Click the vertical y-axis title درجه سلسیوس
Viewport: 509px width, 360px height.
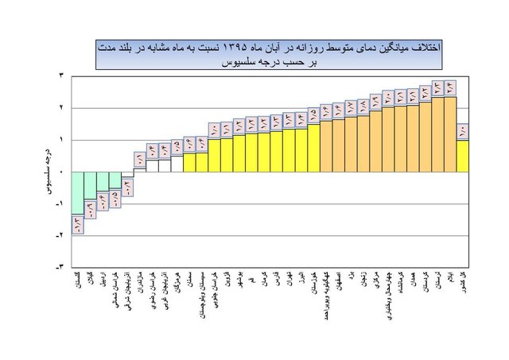46,171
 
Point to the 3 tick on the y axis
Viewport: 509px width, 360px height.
62,75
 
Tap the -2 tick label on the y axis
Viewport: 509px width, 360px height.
60,235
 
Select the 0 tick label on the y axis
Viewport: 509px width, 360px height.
62,172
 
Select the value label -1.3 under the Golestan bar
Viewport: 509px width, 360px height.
77,225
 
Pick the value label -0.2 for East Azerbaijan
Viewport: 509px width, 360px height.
127,187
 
